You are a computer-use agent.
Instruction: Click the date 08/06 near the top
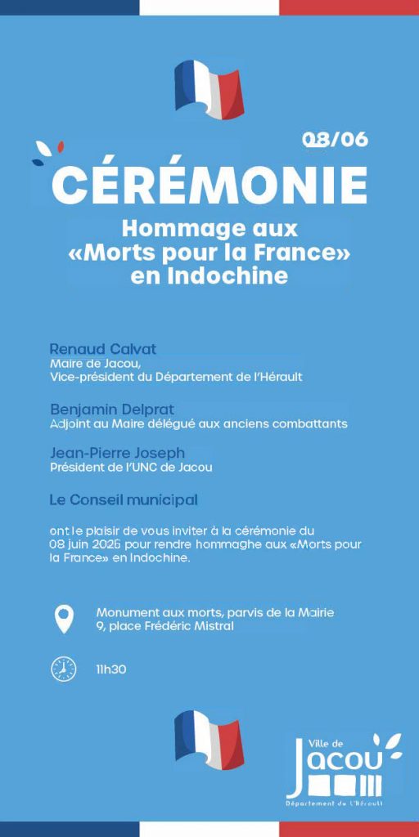(x=336, y=140)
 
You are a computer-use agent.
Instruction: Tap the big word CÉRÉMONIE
(x=209, y=186)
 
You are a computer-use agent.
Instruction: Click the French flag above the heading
(x=209, y=89)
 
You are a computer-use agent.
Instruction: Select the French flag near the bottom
(x=209, y=739)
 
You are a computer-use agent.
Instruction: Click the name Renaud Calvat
(x=103, y=350)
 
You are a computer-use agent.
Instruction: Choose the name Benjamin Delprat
(x=112, y=409)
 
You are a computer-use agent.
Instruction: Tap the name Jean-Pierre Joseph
(x=117, y=453)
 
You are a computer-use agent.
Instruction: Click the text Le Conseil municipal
(x=124, y=499)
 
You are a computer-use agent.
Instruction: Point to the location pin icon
(x=63, y=619)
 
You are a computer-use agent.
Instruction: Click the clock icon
(x=63, y=669)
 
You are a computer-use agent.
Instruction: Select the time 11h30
(x=111, y=669)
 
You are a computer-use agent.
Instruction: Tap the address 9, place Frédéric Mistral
(x=164, y=627)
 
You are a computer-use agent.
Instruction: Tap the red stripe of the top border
(x=349, y=7)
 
